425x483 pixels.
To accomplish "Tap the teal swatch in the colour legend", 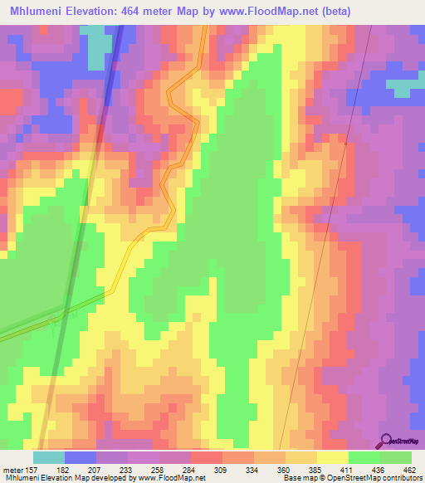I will click(x=49, y=457).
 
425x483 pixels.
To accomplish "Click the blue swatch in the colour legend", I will click(x=81, y=457).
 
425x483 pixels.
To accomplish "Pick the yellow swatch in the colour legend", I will click(x=332, y=457).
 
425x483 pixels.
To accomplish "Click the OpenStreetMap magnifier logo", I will click(x=387, y=440).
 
